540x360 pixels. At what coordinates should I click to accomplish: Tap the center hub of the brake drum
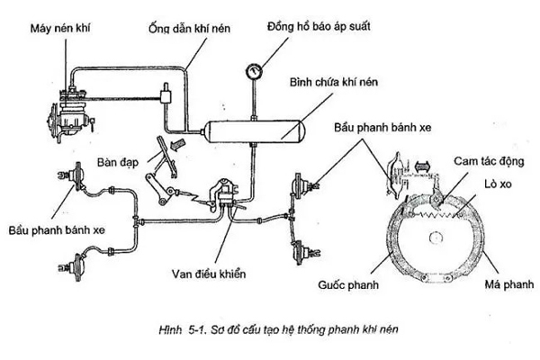click(x=438, y=238)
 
